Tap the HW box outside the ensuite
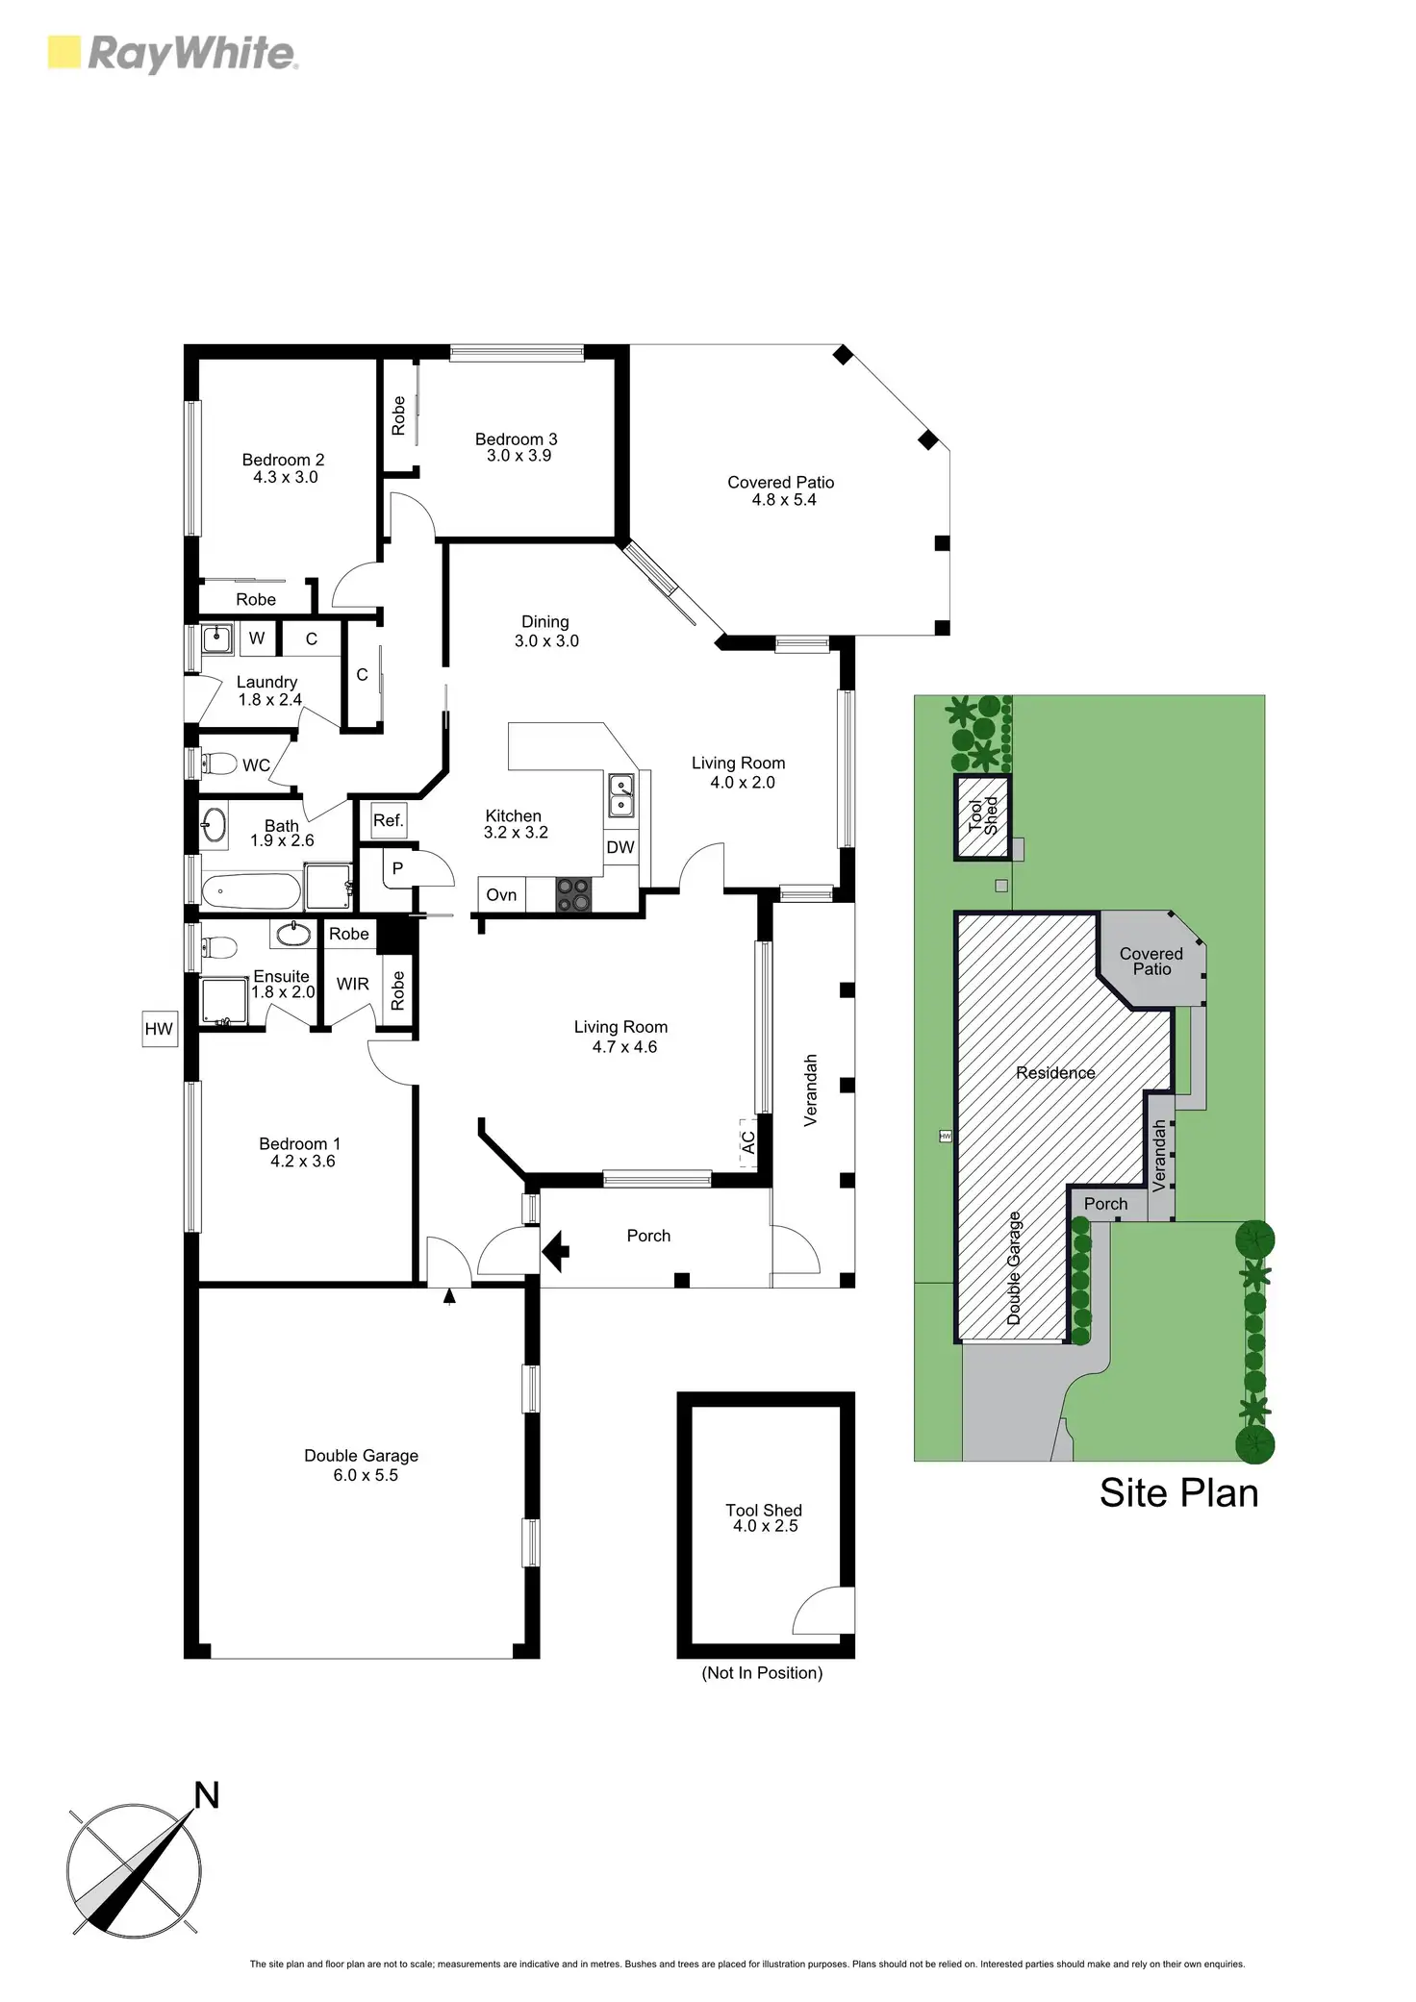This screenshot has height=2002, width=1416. pyautogui.click(x=160, y=1029)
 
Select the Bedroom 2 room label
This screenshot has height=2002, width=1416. pyautogui.click(x=283, y=460)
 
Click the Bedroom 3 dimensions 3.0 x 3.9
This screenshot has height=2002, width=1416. pyautogui.click(x=518, y=456)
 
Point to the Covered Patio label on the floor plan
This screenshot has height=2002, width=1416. pyautogui.click(x=780, y=483)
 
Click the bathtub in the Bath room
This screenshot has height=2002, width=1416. pyautogui.click(x=251, y=891)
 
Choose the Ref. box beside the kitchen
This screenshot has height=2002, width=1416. pyautogui.click(x=388, y=820)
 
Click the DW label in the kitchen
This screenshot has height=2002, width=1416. pyautogui.click(x=620, y=847)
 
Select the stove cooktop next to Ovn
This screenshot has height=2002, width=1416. pyautogui.click(x=574, y=895)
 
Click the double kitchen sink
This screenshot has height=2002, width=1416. pyautogui.click(x=621, y=794)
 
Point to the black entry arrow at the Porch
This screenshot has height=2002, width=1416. pyautogui.click(x=556, y=1251)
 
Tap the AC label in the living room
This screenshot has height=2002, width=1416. pyautogui.click(x=748, y=1142)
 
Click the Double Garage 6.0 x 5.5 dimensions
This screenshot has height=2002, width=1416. pyautogui.click(x=366, y=1475)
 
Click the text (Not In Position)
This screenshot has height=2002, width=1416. pyautogui.click(x=762, y=1673)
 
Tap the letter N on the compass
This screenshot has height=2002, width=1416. pyautogui.click(x=207, y=1794)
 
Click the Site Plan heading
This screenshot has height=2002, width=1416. pyautogui.click(x=1178, y=1493)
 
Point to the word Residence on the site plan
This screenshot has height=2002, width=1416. pyautogui.click(x=1055, y=1073)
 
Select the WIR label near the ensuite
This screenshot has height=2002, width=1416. pyautogui.click(x=352, y=984)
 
